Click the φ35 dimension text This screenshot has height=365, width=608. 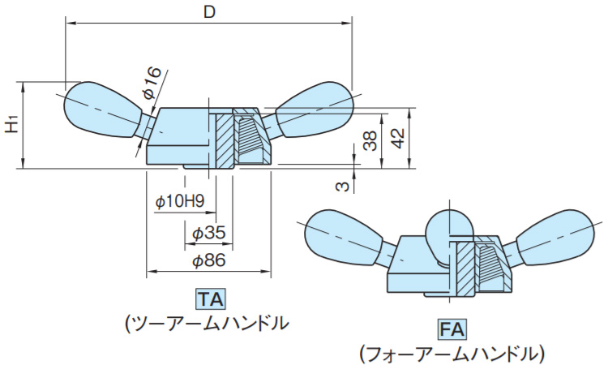tap(208, 233)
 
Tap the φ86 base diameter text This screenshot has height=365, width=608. tap(208, 261)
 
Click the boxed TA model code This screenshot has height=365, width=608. tap(209, 298)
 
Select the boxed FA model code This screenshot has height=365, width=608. tap(452, 329)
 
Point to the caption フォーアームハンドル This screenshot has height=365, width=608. tap(452, 354)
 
